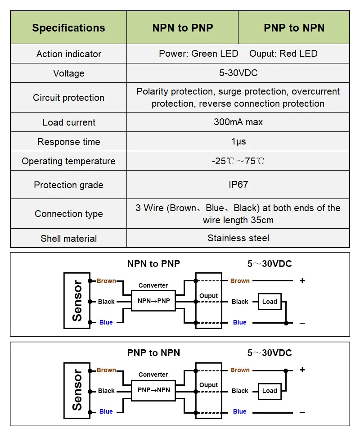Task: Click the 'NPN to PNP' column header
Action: click(x=183, y=27)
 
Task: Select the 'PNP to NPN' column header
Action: click(x=294, y=27)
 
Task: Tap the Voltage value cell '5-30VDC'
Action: click(x=238, y=73)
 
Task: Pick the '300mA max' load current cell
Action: click(x=238, y=122)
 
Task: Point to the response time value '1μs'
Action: click(x=238, y=141)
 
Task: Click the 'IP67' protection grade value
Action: click(x=238, y=185)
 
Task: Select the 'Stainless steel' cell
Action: click(x=238, y=238)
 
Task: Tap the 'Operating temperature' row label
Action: click(x=68, y=161)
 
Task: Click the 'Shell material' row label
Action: click(x=68, y=238)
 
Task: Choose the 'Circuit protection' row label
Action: click(x=68, y=98)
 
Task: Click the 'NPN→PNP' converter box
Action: click(x=153, y=301)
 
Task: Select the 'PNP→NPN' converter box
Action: click(x=153, y=390)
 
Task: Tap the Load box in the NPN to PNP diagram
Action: click(x=270, y=302)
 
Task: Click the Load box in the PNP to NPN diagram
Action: click(x=270, y=391)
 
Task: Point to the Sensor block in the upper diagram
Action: click(x=77, y=301)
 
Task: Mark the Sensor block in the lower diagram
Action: click(x=77, y=390)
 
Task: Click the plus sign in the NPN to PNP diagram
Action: click(x=302, y=280)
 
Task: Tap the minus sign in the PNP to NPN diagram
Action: click(x=302, y=412)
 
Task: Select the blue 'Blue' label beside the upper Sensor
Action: click(x=106, y=322)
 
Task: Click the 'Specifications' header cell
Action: click(x=68, y=28)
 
